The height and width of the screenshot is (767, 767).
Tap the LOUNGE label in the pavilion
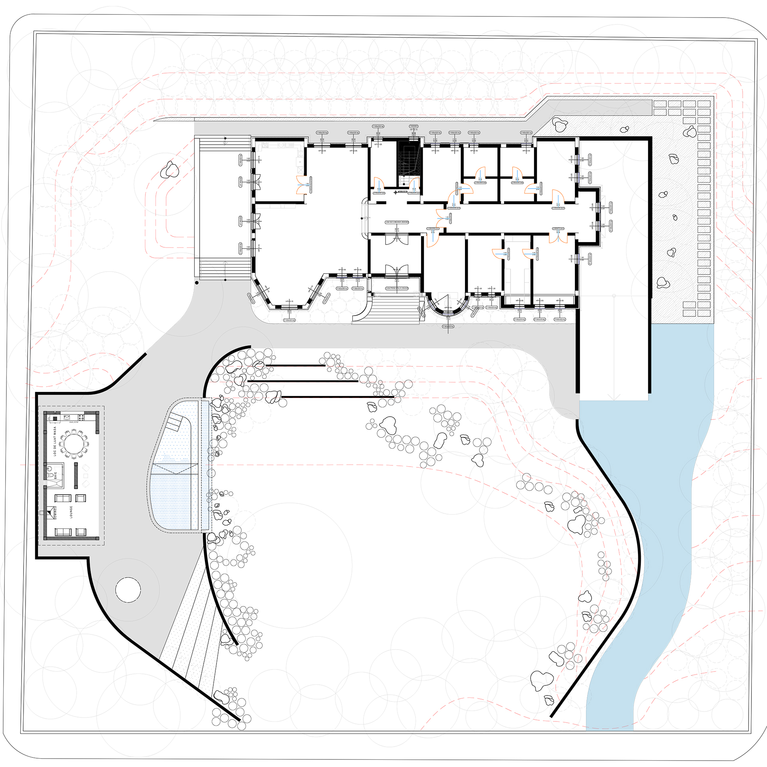[71, 512]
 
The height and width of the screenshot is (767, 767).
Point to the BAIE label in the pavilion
[56, 475]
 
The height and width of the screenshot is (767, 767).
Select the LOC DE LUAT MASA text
[55, 441]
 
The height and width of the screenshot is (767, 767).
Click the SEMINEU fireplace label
[56, 513]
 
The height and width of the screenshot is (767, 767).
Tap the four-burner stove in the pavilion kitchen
[81, 417]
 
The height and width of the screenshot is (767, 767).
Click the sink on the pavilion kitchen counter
[67, 418]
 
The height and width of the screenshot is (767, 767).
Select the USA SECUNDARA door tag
[397, 222]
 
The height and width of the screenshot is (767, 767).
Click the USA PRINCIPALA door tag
[397, 288]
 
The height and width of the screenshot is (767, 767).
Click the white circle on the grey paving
[128, 589]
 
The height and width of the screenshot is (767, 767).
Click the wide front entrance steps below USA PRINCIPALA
[395, 310]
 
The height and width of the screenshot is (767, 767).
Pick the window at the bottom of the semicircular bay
[448, 316]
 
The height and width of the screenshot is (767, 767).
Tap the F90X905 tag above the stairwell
[413, 126]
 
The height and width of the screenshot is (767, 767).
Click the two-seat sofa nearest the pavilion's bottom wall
[63, 531]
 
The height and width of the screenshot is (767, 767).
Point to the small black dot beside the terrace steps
[197, 282]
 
